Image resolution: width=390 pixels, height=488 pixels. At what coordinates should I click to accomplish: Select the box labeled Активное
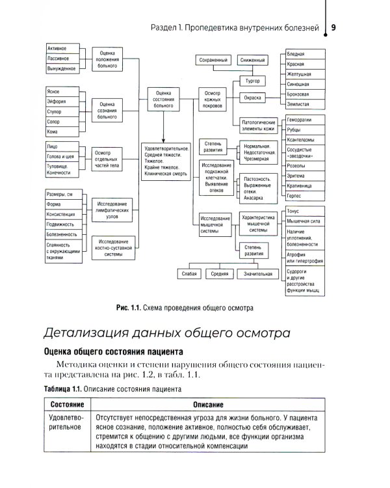click(x=62, y=49)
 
